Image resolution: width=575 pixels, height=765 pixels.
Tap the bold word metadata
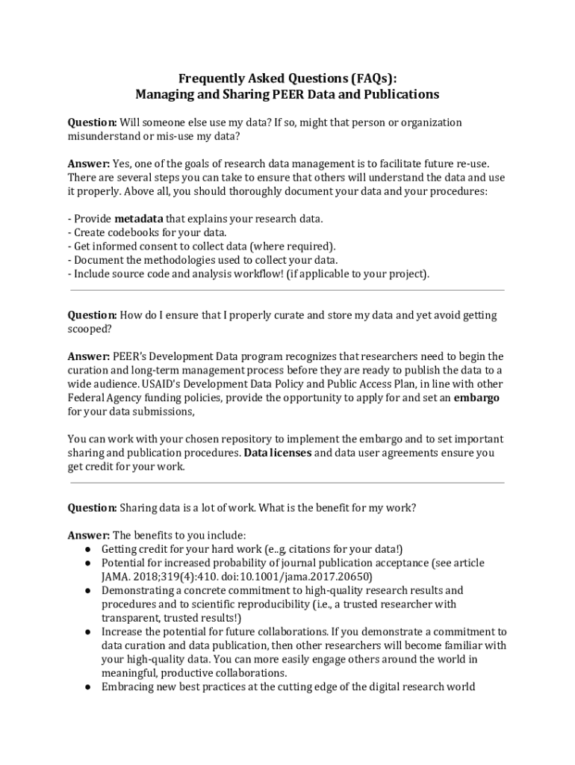(138, 219)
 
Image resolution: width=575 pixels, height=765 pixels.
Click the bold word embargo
(476, 397)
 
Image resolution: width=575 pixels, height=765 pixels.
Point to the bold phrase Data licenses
(278, 453)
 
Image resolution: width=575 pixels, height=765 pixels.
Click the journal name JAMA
(116, 577)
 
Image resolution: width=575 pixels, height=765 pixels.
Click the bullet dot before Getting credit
(88, 549)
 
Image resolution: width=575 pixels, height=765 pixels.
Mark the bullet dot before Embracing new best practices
(88, 687)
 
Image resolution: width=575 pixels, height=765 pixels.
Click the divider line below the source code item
(287, 290)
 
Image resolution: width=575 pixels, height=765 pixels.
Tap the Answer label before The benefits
(89, 536)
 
